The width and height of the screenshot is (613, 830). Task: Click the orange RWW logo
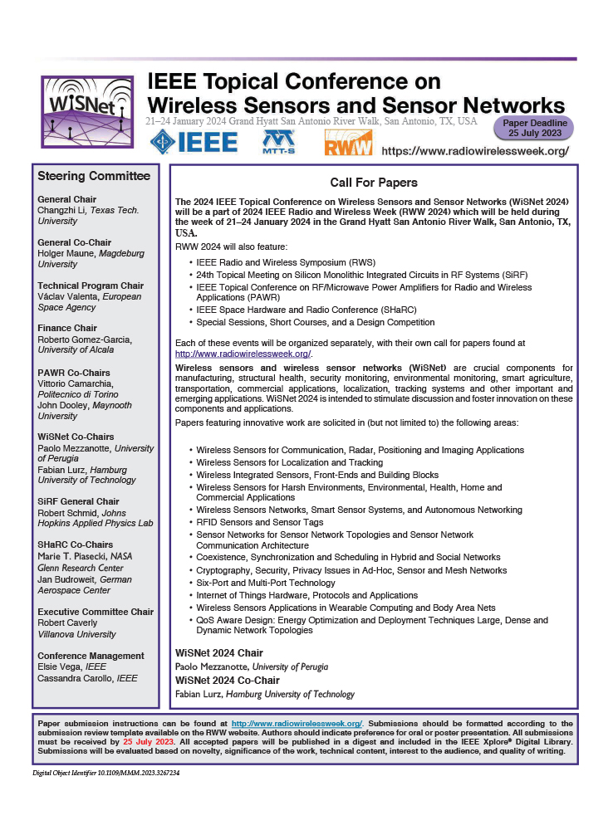point(341,143)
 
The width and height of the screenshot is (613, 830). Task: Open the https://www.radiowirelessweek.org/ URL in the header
point(475,151)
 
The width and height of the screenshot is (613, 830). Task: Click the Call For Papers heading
point(373,183)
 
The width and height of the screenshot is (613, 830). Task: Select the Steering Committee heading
point(94,176)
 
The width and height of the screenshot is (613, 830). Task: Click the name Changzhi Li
point(63,211)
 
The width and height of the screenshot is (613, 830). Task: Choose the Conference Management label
point(91,656)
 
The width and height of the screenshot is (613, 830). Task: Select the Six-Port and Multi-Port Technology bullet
point(266,583)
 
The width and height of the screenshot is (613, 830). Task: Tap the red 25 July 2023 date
point(149,741)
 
